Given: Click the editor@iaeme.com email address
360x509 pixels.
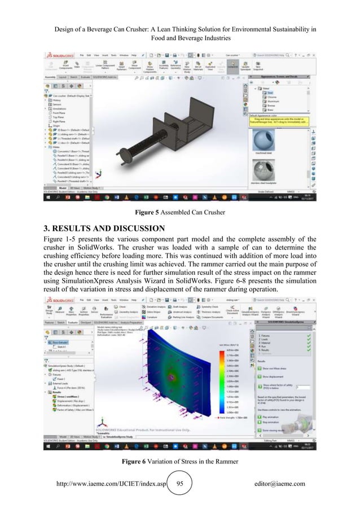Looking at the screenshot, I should tap(280, 484).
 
